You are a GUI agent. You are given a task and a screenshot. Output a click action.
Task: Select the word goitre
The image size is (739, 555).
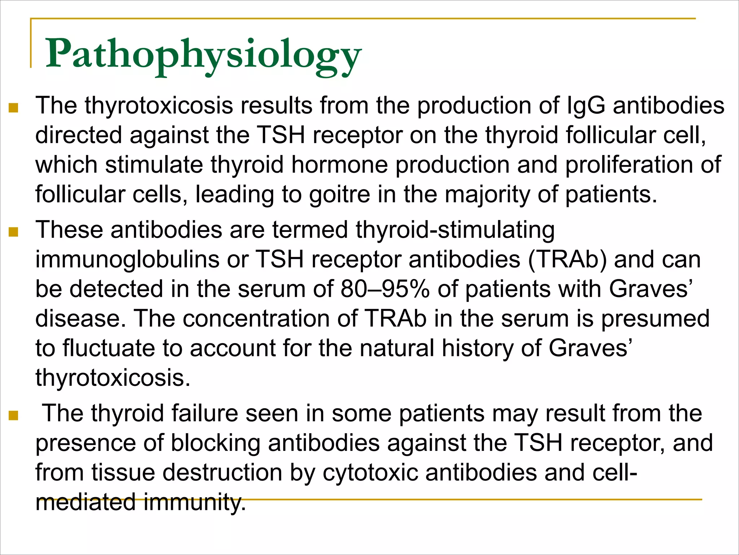[340, 194]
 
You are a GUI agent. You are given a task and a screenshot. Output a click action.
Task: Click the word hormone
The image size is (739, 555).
[339, 165]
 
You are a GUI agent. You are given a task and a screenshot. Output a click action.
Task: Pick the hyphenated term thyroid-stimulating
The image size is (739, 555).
[455, 230]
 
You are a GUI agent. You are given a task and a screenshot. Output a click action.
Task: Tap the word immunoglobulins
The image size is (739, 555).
[127, 260]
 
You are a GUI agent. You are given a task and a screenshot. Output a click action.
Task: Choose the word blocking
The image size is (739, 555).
[215, 443]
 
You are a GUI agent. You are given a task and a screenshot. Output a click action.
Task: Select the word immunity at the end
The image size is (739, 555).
[194, 502]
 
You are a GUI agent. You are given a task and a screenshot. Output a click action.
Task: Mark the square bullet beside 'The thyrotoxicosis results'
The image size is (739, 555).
[13, 108]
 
